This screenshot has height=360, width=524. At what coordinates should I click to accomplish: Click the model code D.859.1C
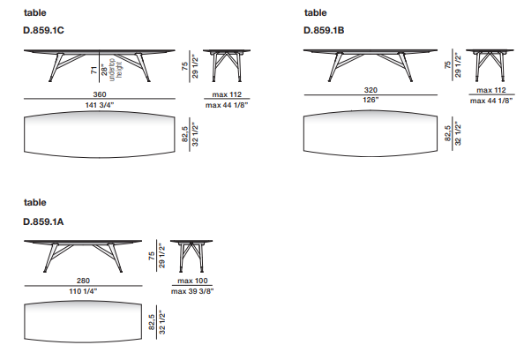[43, 30]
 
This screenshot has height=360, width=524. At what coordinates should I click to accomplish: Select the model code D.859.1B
[324, 30]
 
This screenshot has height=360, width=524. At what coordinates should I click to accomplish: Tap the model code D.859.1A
[43, 221]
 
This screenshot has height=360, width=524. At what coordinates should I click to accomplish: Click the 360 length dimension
[100, 94]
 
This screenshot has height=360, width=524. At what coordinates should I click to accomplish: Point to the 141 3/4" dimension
[100, 105]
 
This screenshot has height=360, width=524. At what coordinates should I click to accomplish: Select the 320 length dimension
[371, 90]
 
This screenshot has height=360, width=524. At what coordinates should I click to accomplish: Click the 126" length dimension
[371, 100]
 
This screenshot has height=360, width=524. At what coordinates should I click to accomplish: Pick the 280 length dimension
[83, 281]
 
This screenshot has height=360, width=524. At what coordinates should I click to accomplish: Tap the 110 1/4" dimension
[83, 291]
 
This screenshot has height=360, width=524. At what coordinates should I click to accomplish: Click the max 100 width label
[192, 281]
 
